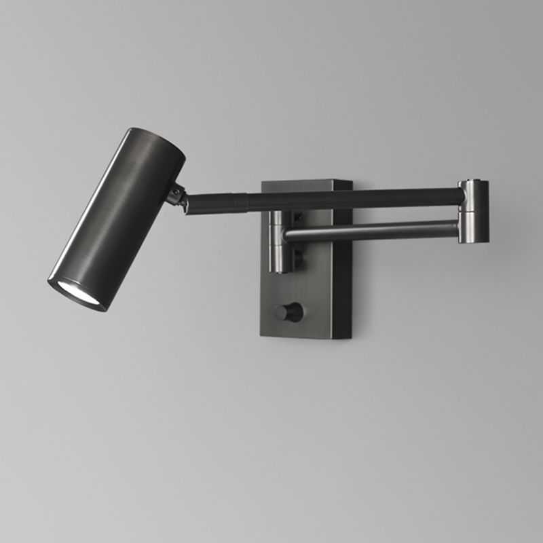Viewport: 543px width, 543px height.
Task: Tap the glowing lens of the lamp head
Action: pos(75,293)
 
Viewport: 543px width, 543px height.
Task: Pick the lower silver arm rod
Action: pos(373,230)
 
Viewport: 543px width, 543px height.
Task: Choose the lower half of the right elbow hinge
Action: pos(472,227)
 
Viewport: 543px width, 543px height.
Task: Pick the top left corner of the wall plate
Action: pos(264,181)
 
